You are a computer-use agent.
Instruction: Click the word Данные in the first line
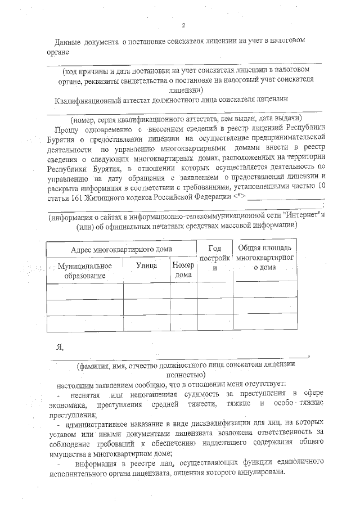pyautogui.click(x=70, y=43)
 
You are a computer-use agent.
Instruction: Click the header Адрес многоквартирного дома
pyautogui.click(x=121, y=249)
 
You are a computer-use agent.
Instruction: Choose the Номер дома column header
pyautogui.click(x=183, y=270)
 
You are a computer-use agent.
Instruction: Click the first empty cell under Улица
pyautogui.click(x=146, y=291)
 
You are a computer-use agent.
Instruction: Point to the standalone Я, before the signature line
pyautogui.click(x=58, y=346)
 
